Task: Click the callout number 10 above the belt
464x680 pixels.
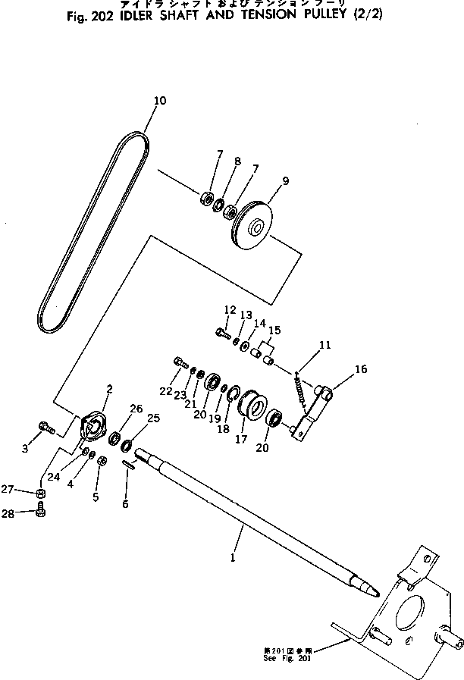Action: tap(159, 100)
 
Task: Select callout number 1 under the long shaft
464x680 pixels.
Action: tap(232, 558)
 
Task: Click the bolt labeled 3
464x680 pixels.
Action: tap(45, 429)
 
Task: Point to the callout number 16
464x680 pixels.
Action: tap(361, 369)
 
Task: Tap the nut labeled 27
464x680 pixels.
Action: tap(41, 495)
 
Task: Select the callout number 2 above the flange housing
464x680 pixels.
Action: tap(109, 389)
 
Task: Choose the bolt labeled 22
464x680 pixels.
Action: tap(180, 362)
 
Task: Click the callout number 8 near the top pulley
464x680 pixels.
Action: tap(237, 161)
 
